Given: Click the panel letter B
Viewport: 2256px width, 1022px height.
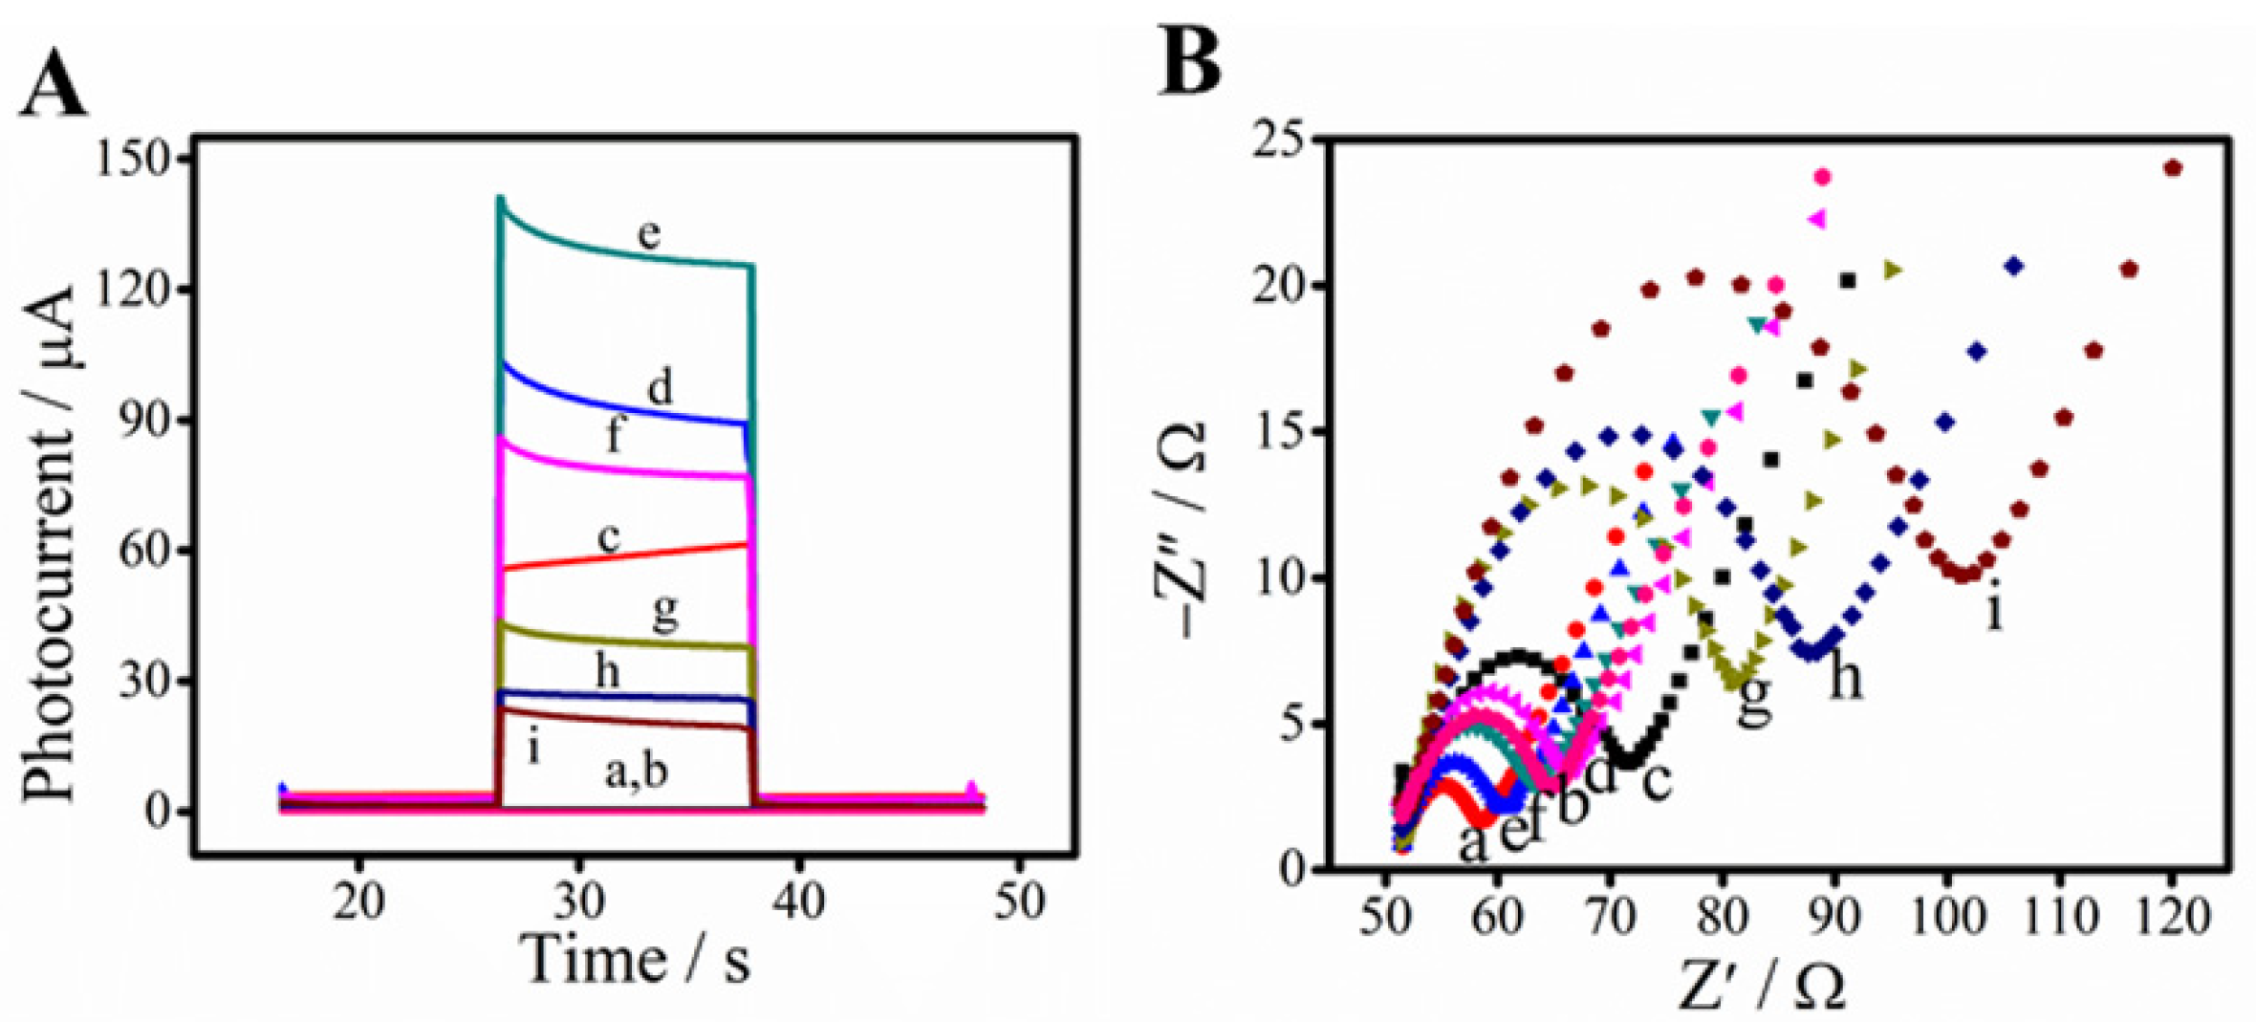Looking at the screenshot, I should pos(1189,61).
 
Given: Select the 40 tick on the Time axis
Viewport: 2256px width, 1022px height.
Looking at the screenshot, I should pos(798,901).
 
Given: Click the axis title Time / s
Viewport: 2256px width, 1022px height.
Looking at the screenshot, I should pos(636,959).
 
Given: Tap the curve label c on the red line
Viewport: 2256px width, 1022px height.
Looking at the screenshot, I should pos(609,538).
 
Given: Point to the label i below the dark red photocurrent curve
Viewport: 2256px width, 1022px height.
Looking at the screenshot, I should pos(533,748).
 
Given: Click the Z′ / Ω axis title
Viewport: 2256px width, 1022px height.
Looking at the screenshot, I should pos(1762,986).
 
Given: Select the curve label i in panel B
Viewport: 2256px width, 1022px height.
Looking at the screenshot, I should pos(1993,609).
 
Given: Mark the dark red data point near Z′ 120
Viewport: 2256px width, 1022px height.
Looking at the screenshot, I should pos(2172,168).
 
